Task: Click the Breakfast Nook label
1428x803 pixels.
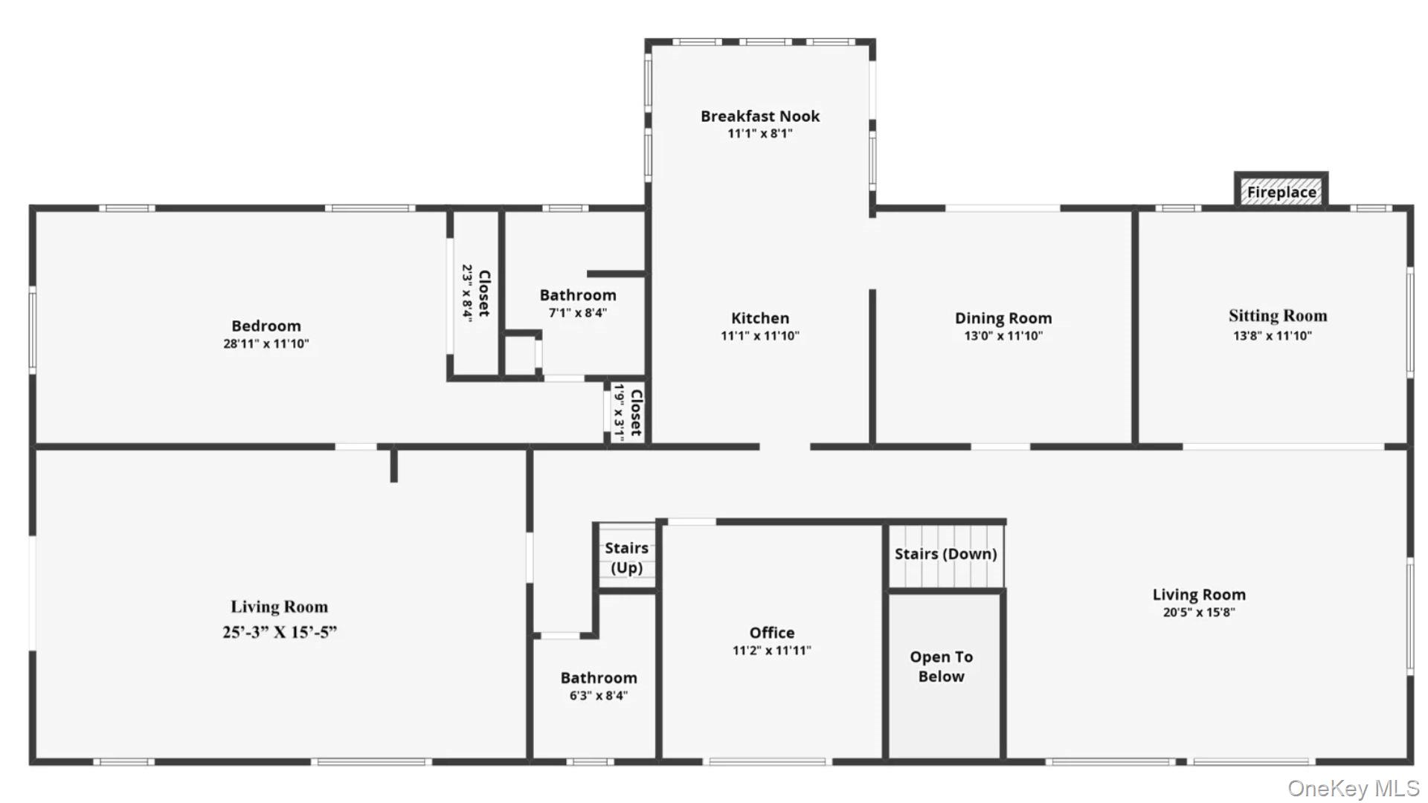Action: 759,116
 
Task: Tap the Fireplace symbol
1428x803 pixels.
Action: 1281,190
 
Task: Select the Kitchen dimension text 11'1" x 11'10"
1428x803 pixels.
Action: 759,335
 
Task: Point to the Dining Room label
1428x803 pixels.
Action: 1003,318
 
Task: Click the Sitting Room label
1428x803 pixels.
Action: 1277,316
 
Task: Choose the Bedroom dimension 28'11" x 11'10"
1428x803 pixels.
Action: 266,344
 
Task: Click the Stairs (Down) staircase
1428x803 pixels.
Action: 945,555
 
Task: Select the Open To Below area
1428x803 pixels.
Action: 944,675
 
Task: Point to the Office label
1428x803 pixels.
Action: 771,633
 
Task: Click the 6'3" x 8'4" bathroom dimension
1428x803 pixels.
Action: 599,696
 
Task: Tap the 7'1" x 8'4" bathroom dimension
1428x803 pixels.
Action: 578,313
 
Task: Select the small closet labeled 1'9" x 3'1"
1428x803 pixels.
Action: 627,413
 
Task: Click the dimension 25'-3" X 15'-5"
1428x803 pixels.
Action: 279,632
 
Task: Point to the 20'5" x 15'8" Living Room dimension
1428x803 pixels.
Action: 1198,613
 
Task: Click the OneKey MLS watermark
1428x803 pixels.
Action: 1353,787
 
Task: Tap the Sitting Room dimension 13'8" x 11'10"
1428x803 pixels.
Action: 1272,335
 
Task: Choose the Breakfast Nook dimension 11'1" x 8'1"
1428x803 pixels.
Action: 759,134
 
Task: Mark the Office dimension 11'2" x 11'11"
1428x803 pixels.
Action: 771,651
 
